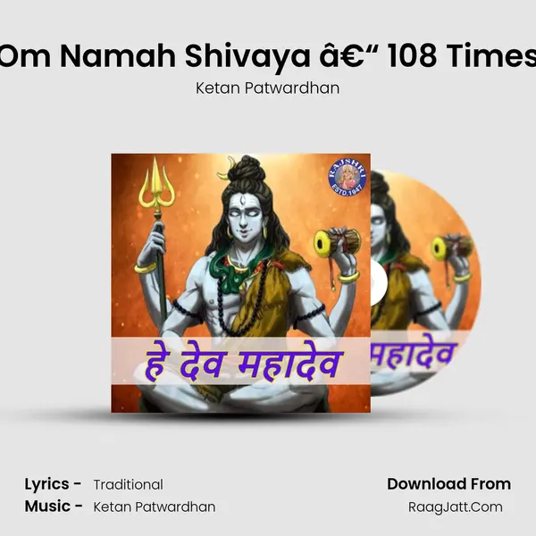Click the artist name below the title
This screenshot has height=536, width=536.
(x=268, y=88)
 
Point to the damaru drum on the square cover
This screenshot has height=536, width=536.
(x=337, y=242)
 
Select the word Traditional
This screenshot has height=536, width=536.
(x=128, y=485)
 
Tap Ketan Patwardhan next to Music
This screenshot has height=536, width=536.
(x=154, y=507)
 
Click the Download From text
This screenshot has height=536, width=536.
(x=448, y=484)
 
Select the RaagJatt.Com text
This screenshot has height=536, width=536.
(x=461, y=507)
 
